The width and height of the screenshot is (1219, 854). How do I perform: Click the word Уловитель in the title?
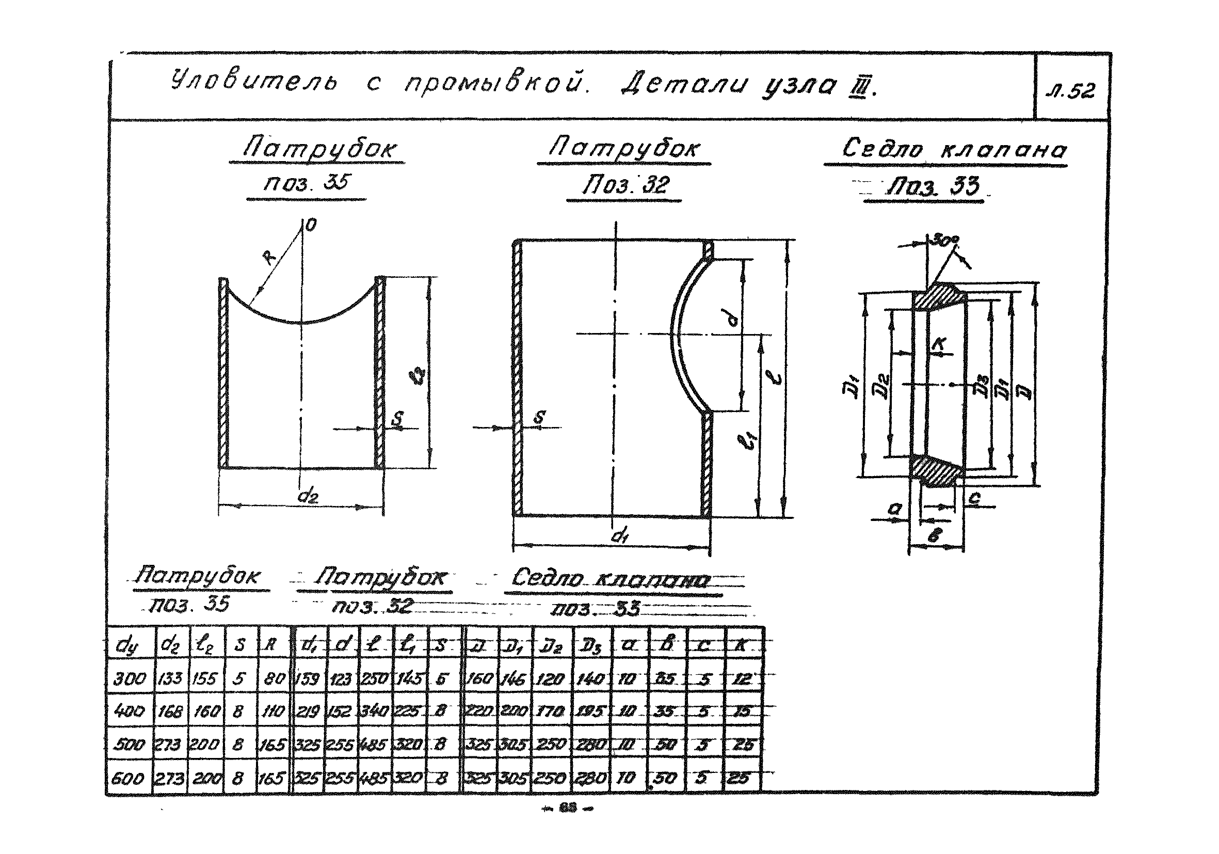point(254,82)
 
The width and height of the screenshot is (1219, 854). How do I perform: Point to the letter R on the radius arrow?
point(270,258)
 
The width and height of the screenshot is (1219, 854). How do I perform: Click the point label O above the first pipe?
point(312,225)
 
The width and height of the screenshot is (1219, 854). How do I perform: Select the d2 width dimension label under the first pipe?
point(308,497)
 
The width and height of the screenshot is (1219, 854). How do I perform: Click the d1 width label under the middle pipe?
point(618,536)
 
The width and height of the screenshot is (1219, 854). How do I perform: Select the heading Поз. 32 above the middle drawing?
point(625,185)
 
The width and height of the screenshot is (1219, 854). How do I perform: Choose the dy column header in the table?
point(127,646)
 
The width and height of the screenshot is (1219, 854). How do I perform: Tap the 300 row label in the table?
point(129,679)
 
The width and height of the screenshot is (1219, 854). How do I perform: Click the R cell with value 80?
point(275,679)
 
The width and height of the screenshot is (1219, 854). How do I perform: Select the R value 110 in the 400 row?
point(274,711)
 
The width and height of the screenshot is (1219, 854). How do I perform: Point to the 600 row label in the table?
point(127,779)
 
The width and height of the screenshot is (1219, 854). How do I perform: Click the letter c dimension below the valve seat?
point(975,498)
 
